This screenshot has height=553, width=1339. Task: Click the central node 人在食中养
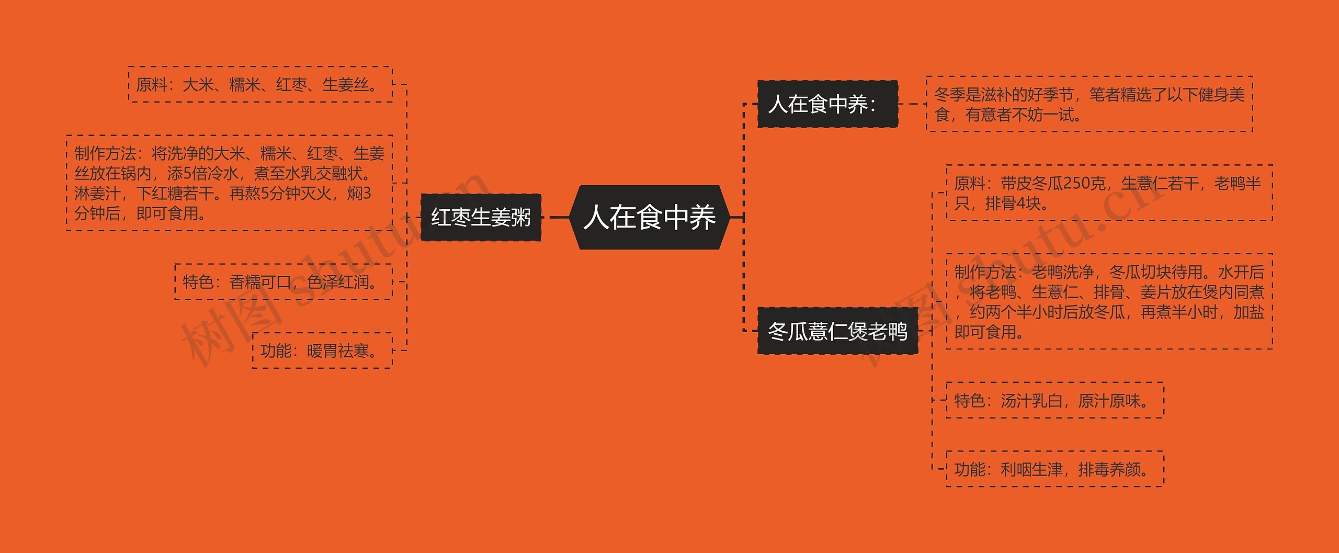click(649, 217)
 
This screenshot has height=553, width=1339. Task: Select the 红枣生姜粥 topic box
click(481, 217)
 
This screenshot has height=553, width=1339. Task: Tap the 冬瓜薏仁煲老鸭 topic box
click(837, 331)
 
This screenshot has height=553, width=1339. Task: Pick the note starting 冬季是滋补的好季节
click(1089, 104)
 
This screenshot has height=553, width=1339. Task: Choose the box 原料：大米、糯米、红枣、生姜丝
click(260, 84)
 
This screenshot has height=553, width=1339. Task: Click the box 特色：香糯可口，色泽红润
click(283, 282)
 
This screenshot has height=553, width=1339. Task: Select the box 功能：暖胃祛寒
click(322, 351)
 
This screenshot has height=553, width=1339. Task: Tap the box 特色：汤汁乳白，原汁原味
click(1054, 401)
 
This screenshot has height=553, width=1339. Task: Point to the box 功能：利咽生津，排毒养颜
click(1054, 469)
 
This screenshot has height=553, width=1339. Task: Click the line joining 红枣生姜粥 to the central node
click(559, 217)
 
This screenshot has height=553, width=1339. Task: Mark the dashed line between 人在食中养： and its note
click(912, 104)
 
